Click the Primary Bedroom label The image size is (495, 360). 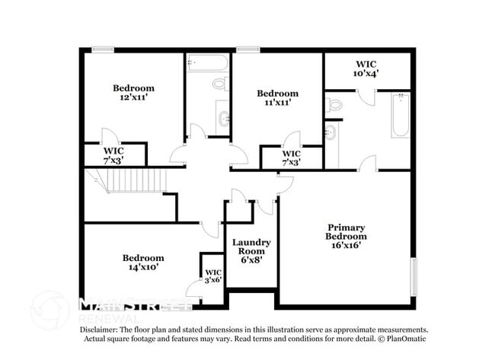coord(346,232)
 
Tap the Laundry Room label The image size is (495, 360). coord(251,247)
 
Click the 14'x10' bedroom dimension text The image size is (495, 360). coord(143,268)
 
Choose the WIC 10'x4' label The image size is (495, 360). coord(366,68)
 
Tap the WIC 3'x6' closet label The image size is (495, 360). coord(212,276)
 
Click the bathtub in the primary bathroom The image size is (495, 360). coord(401,115)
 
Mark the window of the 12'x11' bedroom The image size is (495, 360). coord(102,50)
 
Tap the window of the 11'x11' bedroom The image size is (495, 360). coord(246,50)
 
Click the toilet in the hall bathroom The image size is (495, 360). coord(220,83)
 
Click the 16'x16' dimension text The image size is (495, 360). coord(346,245)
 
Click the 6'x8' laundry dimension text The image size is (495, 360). coord(251,260)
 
